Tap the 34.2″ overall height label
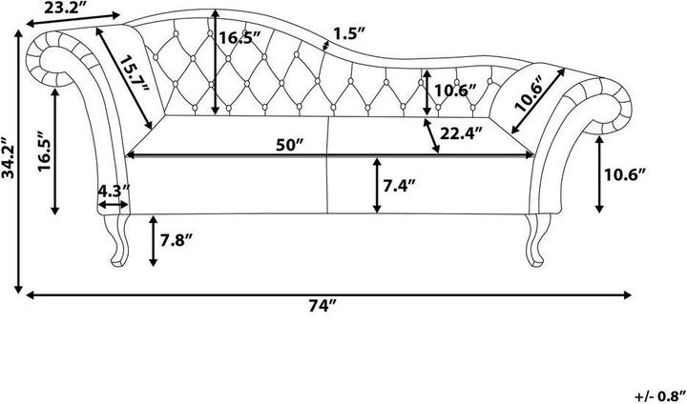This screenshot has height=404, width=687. click(x=8, y=157)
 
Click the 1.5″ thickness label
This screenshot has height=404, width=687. click(x=349, y=33)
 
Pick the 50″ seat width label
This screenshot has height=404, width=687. click(x=290, y=145)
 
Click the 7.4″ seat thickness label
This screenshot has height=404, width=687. click(x=399, y=186)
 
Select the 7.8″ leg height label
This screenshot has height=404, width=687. click(x=177, y=240)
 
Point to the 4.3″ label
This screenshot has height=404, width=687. click(x=114, y=191)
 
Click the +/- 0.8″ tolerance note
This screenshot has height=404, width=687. click(x=660, y=396)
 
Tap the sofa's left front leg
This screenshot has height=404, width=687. click(x=118, y=240)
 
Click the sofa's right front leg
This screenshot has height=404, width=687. click(x=536, y=240)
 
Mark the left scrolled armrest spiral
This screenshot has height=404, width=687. click(x=52, y=59)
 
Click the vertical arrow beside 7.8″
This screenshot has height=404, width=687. click(x=153, y=241)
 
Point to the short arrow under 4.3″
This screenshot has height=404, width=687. click(x=113, y=205)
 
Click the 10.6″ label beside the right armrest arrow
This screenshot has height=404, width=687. click(x=625, y=175)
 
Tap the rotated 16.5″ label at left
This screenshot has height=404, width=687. click(x=45, y=151)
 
